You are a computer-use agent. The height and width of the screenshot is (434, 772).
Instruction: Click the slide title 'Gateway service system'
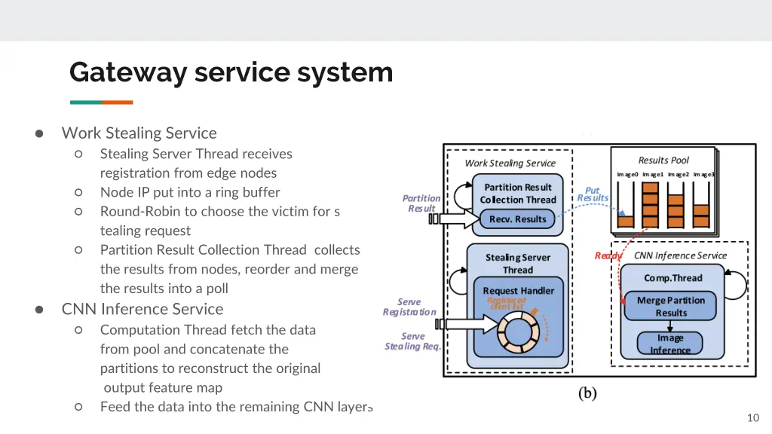(x=231, y=73)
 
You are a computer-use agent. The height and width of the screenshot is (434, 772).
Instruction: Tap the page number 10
(x=752, y=418)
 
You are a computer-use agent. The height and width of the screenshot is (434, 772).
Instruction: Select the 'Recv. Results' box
(x=517, y=219)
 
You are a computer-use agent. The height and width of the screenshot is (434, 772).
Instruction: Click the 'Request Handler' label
(x=518, y=291)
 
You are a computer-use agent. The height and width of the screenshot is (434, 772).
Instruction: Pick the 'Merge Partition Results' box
(x=671, y=306)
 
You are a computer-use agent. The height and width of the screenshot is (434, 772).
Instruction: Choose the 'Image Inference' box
(x=670, y=344)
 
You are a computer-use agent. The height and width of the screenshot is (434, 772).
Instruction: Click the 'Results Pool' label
(x=663, y=160)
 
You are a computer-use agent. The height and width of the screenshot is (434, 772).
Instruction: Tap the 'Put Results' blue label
(x=593, y=194)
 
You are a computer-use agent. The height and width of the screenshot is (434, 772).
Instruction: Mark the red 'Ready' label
(x=608, y=255)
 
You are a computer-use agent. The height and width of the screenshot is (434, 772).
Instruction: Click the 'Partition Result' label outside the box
(x=421, y=203)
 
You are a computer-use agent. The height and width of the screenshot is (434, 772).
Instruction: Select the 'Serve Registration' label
(x=409, y=307)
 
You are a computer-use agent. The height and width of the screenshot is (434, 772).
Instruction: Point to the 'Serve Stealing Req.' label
(x=412, y=341)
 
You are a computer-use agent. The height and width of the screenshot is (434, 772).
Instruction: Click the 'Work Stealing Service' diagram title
(x=510, y=163)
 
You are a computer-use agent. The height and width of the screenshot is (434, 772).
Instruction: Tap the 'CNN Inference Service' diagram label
(x=680, y=255)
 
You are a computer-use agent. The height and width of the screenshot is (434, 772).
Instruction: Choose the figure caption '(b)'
(x=587, y=393)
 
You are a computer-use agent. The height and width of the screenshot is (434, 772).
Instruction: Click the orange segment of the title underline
(x=118, y=102)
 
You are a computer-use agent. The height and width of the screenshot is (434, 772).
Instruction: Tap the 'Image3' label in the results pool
(x=703, y=175)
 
